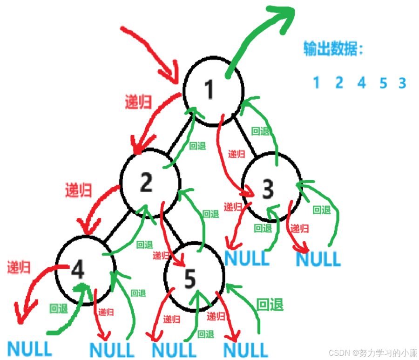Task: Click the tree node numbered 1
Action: pyautogui.click(x=213, y=90)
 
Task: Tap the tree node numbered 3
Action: pyautogui.click(x=268, y=189)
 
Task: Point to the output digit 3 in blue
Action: pyautogui.click(x=402, y=83)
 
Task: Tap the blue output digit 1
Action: pyautogui.click(x=317, y=83)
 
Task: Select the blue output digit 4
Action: pyautogui.click(x=362, y=83)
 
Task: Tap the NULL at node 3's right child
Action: pyautogui.click(x=318, y=258)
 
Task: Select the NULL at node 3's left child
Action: pyautogui.click(x=247, y=258)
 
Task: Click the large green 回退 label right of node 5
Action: pyautogui.click(x=270, y=305)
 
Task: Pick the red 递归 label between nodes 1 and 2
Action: pyautogui.click(x=138, y=102)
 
